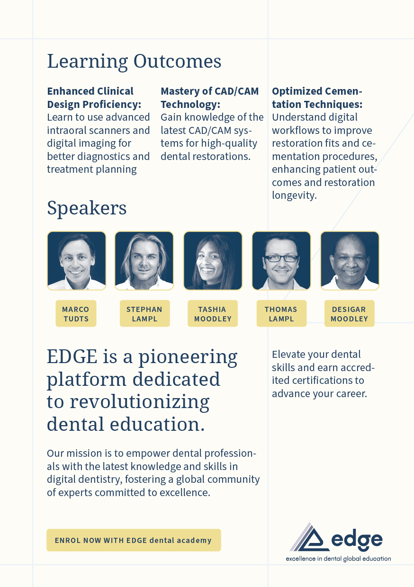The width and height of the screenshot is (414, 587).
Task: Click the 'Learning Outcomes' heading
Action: (134, 62)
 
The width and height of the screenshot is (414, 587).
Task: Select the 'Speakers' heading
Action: (87, 208)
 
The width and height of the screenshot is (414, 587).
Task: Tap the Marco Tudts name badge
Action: (76, 313)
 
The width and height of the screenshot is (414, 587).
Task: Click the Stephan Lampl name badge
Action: (145, 313)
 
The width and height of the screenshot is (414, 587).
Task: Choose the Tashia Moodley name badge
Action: (213, 313)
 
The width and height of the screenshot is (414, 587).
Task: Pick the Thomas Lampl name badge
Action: (281, 313)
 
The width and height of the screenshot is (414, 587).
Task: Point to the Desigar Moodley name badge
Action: (349, 313)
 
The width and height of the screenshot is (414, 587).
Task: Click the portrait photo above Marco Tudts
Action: (77, 261)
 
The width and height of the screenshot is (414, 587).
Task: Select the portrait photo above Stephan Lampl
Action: (144, 261)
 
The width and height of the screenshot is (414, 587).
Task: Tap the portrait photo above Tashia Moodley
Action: (213, 261)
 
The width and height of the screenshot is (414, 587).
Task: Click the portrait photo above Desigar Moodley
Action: (350, 261)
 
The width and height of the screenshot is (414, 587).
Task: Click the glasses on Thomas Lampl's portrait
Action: (281, 258)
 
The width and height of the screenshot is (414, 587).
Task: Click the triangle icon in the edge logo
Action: (309, 538)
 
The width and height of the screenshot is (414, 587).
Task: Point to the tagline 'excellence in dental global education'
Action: (338, 559)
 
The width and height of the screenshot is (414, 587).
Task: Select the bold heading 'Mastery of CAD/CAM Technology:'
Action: (209, 98)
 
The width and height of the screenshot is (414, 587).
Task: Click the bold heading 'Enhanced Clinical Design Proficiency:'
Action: (94, 98)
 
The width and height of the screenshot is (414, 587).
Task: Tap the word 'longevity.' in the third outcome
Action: (294, 196)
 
